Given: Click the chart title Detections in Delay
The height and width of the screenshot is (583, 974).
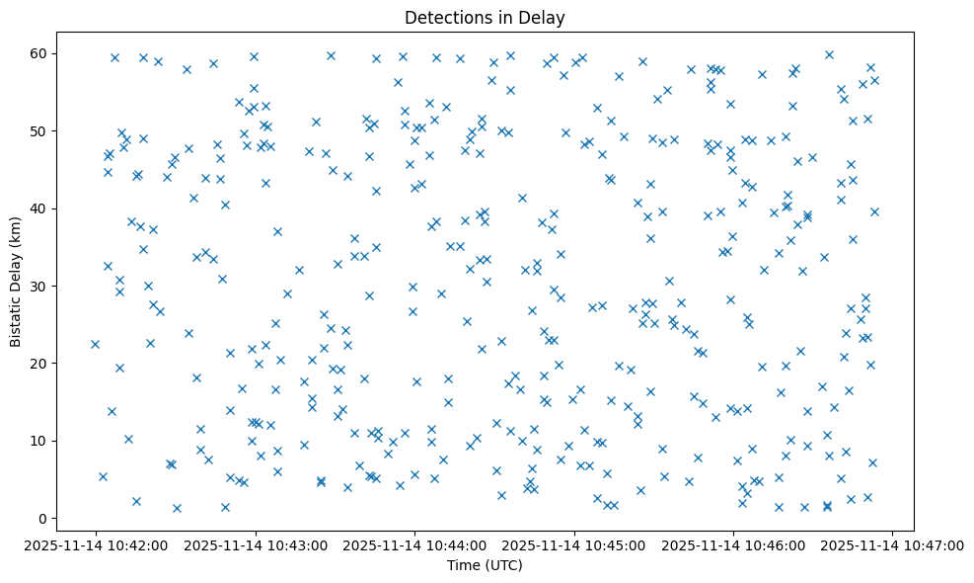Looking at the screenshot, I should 485,18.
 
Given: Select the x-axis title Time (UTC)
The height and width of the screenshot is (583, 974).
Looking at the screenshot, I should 485,565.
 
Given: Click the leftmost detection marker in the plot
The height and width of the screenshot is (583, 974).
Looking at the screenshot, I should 95,344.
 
